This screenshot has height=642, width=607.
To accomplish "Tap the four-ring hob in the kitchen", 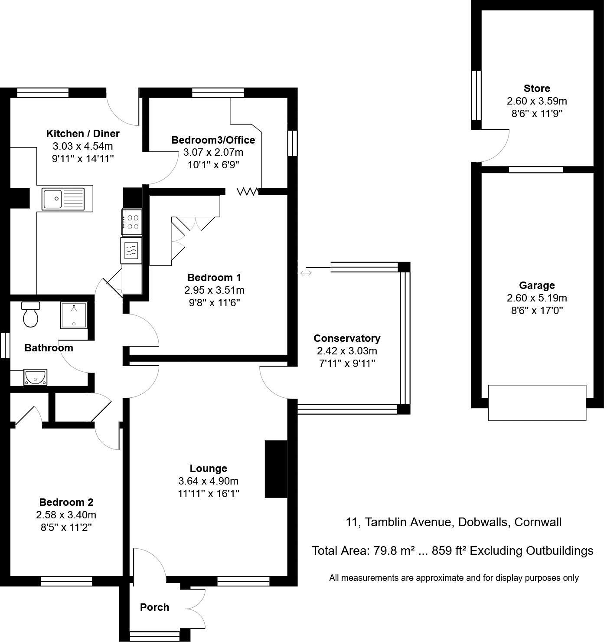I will point(132,222).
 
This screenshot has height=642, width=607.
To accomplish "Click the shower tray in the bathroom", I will point(73,315).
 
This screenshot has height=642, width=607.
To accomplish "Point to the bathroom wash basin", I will point(36,377).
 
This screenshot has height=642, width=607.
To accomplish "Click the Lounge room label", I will point(208,468).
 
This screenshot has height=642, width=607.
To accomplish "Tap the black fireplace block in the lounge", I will point(276,469).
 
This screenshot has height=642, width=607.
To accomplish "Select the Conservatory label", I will point(347,338).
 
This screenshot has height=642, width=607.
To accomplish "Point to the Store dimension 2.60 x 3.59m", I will point(537,101).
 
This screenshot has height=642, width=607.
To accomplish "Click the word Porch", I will point(154,607).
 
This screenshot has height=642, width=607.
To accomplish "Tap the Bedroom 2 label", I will point(66,502).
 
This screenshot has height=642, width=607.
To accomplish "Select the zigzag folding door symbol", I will point(248,191).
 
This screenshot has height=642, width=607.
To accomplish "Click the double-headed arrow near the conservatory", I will point(306,273).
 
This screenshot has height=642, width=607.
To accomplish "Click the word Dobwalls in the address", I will point(483,522).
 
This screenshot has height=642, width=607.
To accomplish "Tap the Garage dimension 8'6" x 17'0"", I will point(537,311).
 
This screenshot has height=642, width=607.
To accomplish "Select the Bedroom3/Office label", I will point(213,140).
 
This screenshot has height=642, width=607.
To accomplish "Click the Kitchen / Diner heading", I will point(83,133).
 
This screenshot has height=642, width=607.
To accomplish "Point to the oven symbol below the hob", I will point(131,250).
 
